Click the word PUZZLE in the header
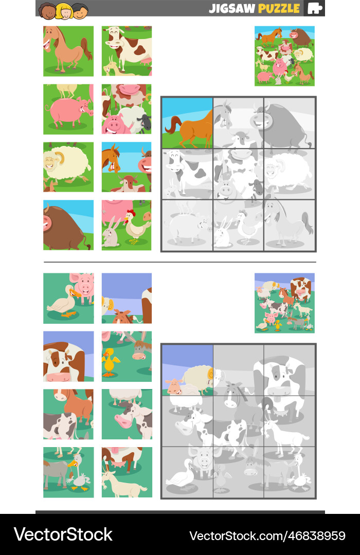point(279,8)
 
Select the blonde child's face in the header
point(64,10)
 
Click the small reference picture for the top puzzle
point(284,55)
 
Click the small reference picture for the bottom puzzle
point(284,303)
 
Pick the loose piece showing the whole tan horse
point(68,51)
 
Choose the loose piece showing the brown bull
point(68,225)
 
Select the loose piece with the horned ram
point(68,166)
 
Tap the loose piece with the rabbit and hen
point(127,225)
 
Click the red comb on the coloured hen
point(132,212)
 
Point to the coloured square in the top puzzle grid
point(187,123)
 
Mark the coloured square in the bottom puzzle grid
point(187,369)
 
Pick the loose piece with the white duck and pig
point(68,298)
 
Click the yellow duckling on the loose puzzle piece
point(109,362)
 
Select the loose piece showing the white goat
point(127,472)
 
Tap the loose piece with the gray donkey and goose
point(68,472)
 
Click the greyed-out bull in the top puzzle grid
point(280,123)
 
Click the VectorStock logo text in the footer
point(63,534)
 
